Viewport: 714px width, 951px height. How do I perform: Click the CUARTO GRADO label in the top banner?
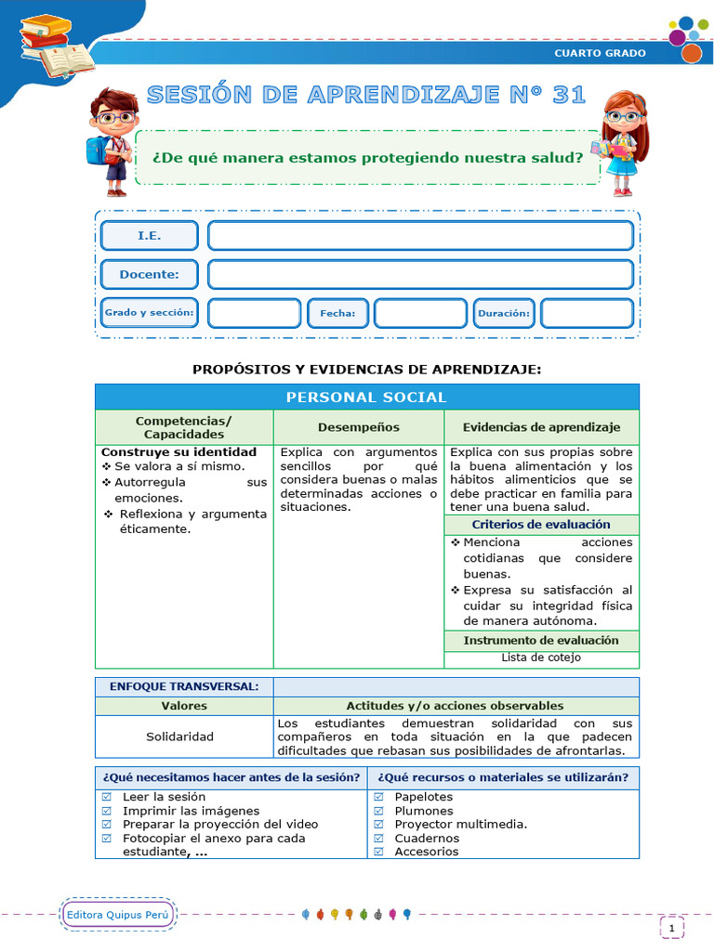(x=600, y=53)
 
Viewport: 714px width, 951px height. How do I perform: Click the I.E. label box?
(x=149, y=236)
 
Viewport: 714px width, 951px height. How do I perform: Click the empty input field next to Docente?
(x=420, y=275)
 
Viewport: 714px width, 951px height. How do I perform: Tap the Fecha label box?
(x=337, y=314)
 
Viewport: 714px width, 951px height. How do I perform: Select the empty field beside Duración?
(x=587, y=314)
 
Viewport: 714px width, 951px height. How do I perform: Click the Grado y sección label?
(x=149, y=314)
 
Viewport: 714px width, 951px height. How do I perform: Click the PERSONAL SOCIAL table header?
(x=366, y=397)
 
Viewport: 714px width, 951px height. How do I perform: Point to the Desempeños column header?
(x=358, y=427)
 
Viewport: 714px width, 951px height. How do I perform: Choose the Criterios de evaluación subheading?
(x=541, y=525)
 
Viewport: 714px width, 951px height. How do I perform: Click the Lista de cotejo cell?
(x=541, y=658)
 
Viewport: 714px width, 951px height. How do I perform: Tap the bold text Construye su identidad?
(x=178, y=452)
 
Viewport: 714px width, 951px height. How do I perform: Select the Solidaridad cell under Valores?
(x=179, y=736)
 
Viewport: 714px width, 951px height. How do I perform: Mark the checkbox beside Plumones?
(x=378, y=811)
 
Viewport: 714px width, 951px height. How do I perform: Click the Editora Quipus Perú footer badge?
(x=120, y=915)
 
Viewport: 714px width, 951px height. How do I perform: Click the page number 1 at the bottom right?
(x=671, y=927)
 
